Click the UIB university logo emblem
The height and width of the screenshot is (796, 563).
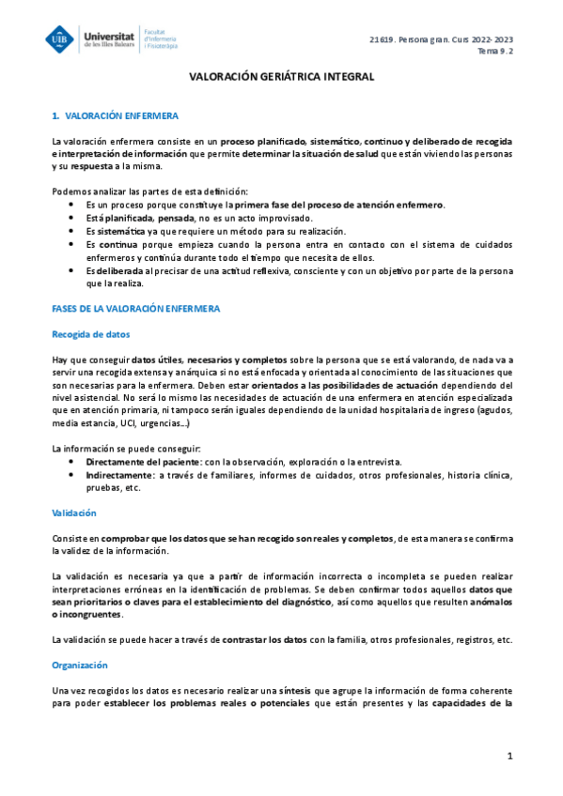coord(62,38)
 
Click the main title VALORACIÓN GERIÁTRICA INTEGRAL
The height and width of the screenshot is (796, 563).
coord(283,79)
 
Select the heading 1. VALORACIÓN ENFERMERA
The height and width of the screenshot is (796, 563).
coord(115,115)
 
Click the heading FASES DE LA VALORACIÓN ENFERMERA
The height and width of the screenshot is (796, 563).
coord(136,309)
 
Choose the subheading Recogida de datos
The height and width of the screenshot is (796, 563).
coord(91,333)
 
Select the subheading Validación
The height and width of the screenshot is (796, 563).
coord(73,513)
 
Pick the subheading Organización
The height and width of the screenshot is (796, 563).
coord(80,665)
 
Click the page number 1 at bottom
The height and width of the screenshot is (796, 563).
coord(509,756)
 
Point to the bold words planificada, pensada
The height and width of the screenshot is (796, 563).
coord(143,218)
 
